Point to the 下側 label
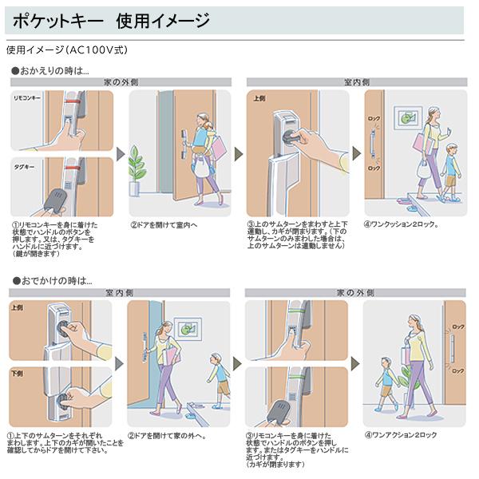tap(18, 374)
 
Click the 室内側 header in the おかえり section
tap(356, 81)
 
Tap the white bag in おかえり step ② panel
tap(202, 168)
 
